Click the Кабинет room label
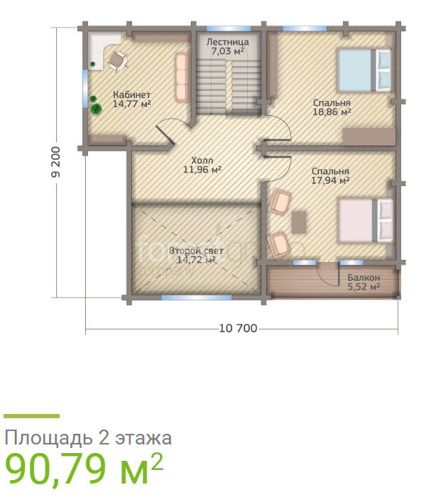pos(131,94)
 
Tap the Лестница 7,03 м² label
pos(227,46)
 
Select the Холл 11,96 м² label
pos(202,165)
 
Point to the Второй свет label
pos(196,251)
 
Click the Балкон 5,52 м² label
pos(364,282)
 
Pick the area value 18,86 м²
pos(332,112)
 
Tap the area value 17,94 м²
pos(330,180)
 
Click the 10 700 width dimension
pos(238,328)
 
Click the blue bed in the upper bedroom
pos(365,70)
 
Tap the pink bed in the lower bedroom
pos(366,221)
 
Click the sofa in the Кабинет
pos(183,77)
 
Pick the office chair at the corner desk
pos(117,60)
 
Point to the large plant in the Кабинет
pos(96,109)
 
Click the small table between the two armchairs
pos(299,222)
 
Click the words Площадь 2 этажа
pos(88,437)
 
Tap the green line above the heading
pos(31,416)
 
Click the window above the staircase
pos(229,28)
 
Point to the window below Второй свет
pos(196,298)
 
